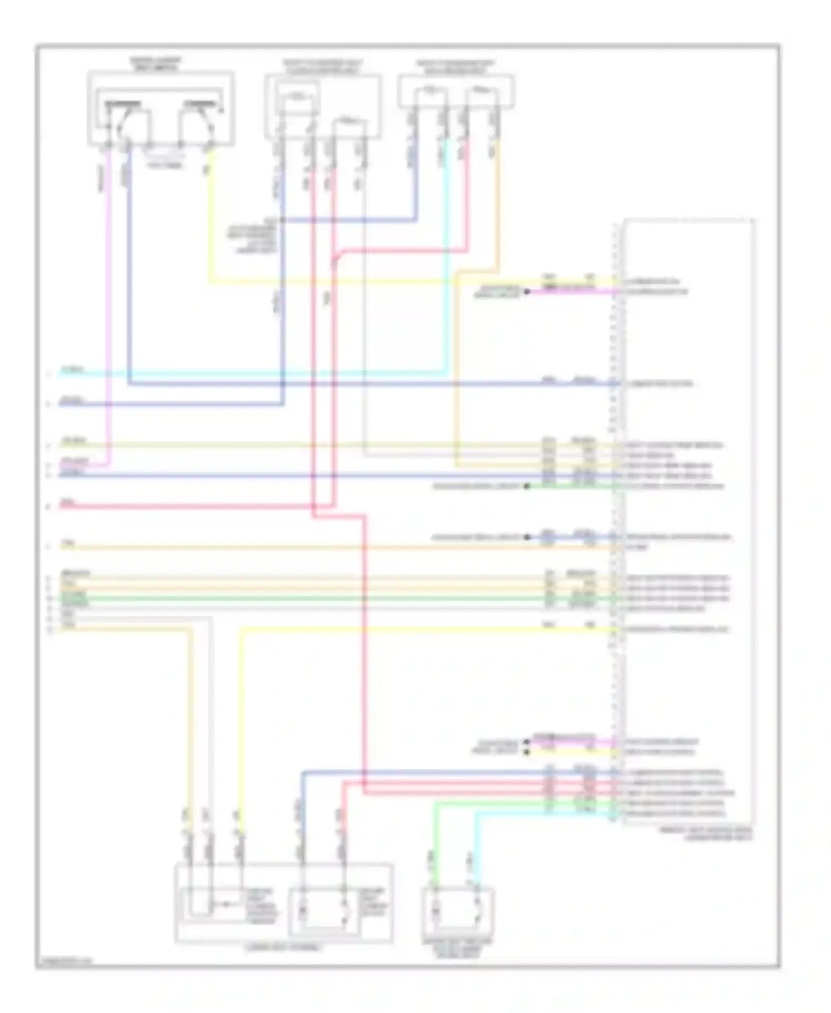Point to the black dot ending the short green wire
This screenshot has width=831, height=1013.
(x=527, y=486)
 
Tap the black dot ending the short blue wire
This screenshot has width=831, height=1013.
(x=527, y=537)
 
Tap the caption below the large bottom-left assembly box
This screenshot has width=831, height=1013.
(x=283, y=947)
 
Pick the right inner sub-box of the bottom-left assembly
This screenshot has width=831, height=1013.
(x=324, y=909)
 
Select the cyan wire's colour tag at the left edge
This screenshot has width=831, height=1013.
(x=71, y=369)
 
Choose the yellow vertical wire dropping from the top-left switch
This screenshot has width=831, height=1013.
(x=211, y=222)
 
